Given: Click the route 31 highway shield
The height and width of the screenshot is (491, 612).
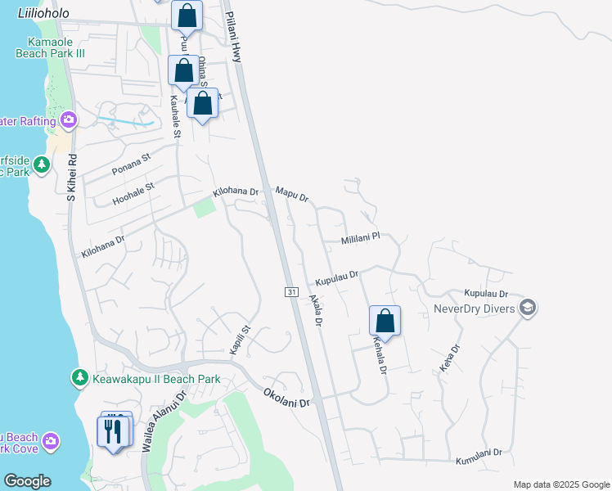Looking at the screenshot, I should pos(290,292).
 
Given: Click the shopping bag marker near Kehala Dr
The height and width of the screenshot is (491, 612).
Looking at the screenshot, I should pos(385,320).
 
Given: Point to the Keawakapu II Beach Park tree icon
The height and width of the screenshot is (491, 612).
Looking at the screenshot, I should pos(79,378).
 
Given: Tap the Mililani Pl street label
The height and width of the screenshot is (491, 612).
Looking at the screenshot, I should pos(361,237).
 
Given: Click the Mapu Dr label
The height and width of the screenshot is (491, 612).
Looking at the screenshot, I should pos(291,195).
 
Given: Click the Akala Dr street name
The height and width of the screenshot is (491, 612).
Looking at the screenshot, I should pos(316,311).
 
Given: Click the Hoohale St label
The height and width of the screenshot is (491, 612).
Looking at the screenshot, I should pos(133,191).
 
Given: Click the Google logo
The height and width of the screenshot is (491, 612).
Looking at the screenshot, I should pos(27,481).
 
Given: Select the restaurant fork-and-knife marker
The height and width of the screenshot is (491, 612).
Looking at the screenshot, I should pos(114,430).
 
